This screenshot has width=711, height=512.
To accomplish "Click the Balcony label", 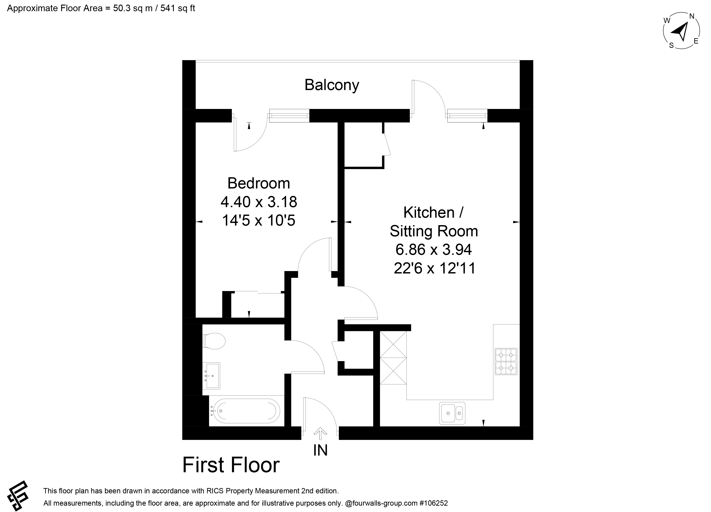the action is coord(332,85).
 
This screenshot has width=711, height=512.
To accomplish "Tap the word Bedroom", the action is coord(259,183).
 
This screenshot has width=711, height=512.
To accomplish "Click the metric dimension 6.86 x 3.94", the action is coord(434,250).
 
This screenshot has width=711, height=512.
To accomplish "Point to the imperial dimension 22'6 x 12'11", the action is coord(434,268).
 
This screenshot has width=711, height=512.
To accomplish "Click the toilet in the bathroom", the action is coord(214,341).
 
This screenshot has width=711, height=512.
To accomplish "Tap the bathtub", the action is coord(245,411).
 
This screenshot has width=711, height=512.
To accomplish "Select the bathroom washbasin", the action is coord(211,376).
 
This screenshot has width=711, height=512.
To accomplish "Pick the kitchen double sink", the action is coord(452,413).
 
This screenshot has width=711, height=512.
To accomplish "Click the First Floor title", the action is coord(231,465).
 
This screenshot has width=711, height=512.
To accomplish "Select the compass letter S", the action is coord(671,45).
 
